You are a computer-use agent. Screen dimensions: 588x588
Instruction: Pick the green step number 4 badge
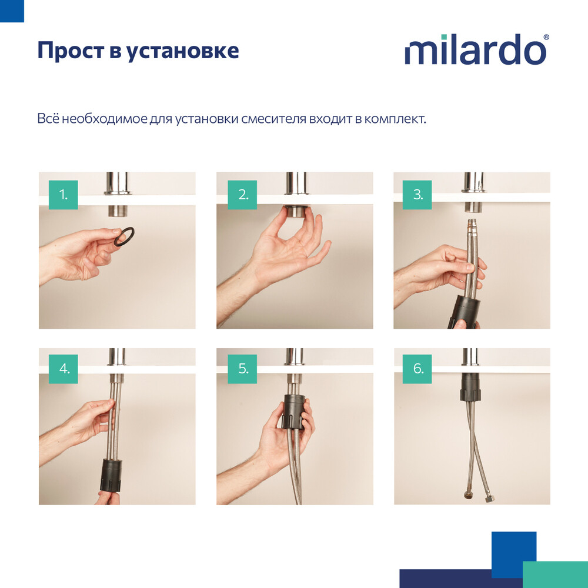click(64, 369)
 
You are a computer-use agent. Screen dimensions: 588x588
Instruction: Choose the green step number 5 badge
click(242, 369)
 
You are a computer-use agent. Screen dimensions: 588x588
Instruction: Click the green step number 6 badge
click(417, 369)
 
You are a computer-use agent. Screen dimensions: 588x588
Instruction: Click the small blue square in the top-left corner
click(12, 11)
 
